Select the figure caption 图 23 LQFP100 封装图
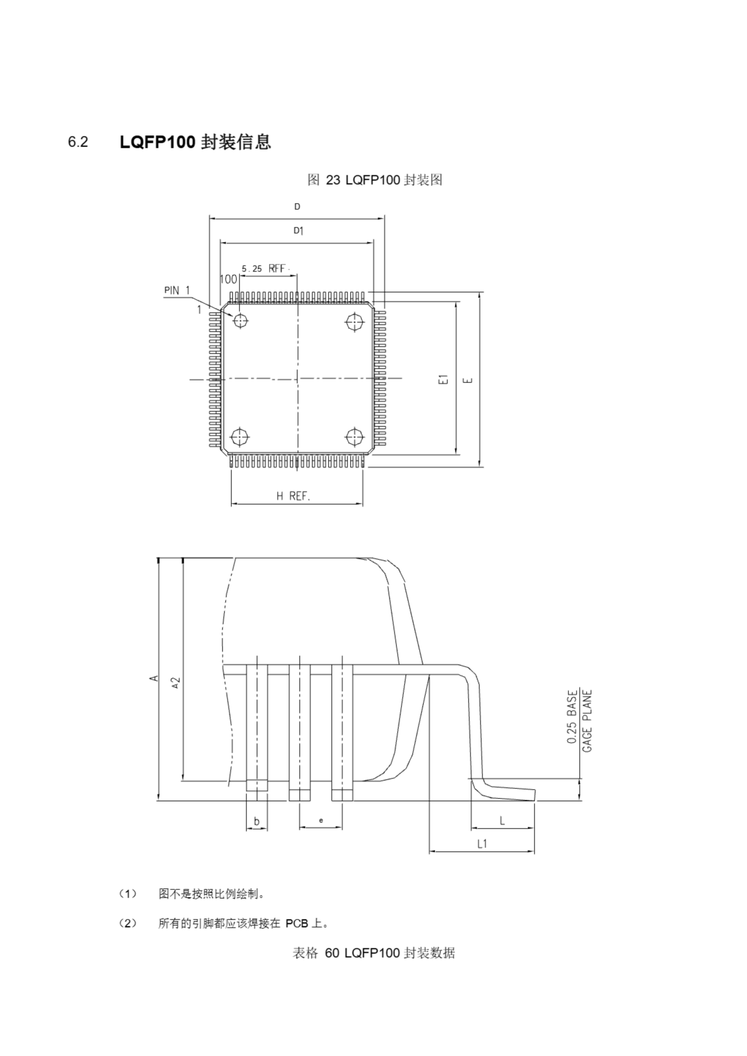[x=375, y=180]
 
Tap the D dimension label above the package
[x=297, y=207]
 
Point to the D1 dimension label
[x=299, y=231]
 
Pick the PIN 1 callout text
[x=177, y=290]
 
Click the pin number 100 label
[x=228, y=279]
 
